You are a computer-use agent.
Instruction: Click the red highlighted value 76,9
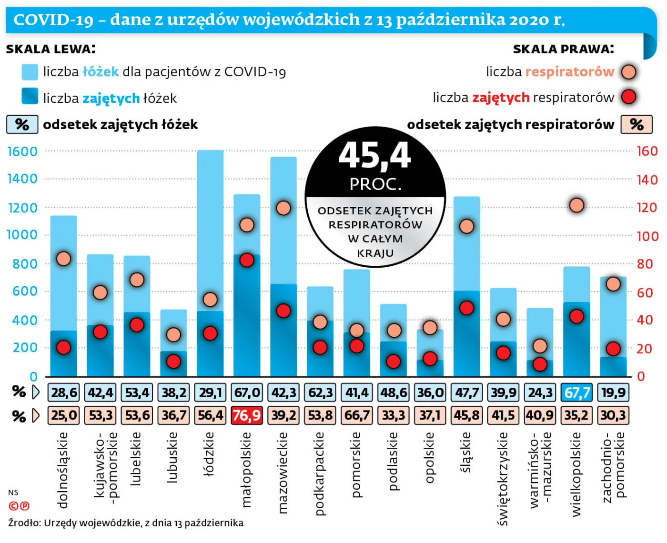(246, 415)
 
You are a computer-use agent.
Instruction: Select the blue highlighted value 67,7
(577, 392)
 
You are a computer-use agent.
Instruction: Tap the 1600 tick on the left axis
(22, 151)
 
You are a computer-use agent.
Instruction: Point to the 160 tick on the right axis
(647, 151)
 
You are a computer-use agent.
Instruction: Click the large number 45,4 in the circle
(374, 156)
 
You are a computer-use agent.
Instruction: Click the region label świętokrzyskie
(503, 479)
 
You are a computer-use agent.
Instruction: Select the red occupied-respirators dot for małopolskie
(247, 260)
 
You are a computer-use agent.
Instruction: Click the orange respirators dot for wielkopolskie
(576, 205)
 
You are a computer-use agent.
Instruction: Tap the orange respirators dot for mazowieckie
(283, 208)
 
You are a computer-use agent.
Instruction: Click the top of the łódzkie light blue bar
(210, 151)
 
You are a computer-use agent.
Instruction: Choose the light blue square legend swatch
(30, 72)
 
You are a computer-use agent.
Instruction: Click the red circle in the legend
(629, 97)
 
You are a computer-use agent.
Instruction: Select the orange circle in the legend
(629, 72)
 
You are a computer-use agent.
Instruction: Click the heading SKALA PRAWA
(563, 49)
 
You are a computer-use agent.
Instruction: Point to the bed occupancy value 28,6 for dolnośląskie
(64, 392)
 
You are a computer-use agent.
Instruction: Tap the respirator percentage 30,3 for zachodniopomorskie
(613, 415)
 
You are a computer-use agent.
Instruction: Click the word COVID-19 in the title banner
(53, 20)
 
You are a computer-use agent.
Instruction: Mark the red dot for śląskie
(467, 308)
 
